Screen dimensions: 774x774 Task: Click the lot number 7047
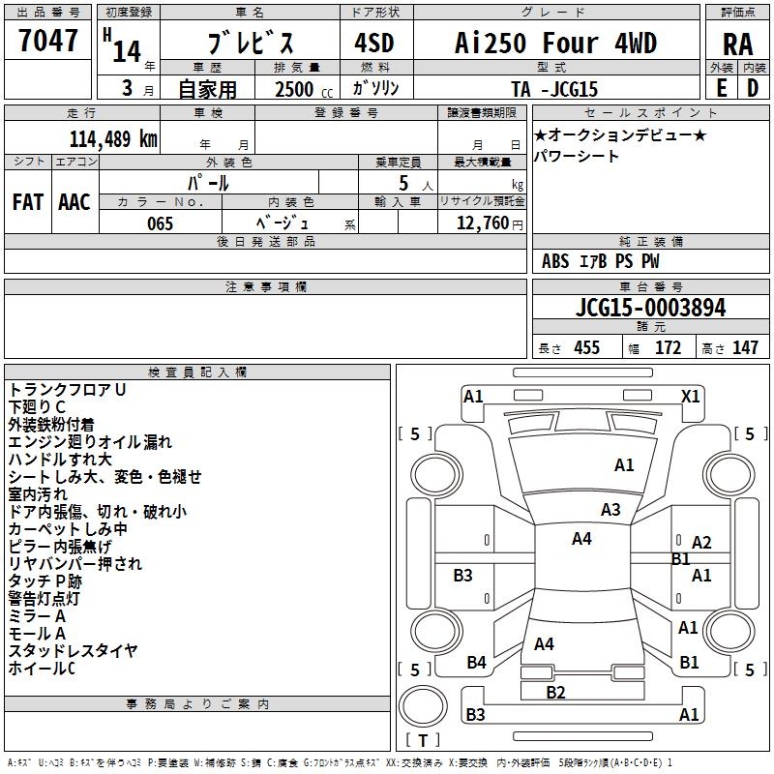click(47, 41)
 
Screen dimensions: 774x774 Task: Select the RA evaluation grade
click(737, 45)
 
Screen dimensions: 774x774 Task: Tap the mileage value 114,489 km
click(113, 139)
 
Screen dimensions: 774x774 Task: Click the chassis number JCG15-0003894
click(650, 308)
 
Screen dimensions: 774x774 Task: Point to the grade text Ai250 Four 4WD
click(555, 43)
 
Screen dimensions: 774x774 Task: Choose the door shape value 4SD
click(374, 44)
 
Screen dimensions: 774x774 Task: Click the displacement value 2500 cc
click(304, 89)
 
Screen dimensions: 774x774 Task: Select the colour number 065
click(160, 223)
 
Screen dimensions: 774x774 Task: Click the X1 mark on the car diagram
click(690, 397)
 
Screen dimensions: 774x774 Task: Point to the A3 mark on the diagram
click(610, 510)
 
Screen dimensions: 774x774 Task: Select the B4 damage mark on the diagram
click(476, 663)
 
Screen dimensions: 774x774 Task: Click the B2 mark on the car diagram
click(555, 693)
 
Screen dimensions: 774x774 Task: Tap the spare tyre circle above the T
click(423, 706)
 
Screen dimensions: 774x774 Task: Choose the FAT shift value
click(28, 202)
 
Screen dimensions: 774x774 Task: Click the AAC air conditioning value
click(74, 202)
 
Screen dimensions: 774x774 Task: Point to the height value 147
click(745, 347)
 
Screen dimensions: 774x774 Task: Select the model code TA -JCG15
click(554, 89)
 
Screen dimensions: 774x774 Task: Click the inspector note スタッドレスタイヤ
click(73, 651)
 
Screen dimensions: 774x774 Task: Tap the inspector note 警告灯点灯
click(44, 599)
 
